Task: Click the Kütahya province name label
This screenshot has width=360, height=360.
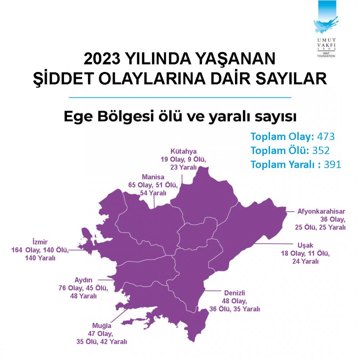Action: (x=184, y=151)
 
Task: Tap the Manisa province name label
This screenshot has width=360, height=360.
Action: (x=153, y=177)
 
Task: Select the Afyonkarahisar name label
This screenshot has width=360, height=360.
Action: (x=321, y=211)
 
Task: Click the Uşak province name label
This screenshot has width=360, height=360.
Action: (x=305, y=246)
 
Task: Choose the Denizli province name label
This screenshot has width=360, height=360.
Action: (x=234, y=293)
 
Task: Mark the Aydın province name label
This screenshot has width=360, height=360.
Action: (x=84, y=280)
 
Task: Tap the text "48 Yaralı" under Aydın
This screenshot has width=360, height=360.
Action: (x=83, y=296)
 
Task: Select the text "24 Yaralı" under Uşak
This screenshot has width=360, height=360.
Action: (x=305, y=261)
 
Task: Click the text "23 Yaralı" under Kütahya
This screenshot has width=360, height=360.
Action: (x=184, y=167)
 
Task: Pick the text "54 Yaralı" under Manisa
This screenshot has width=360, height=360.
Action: (x=153, y=193)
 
